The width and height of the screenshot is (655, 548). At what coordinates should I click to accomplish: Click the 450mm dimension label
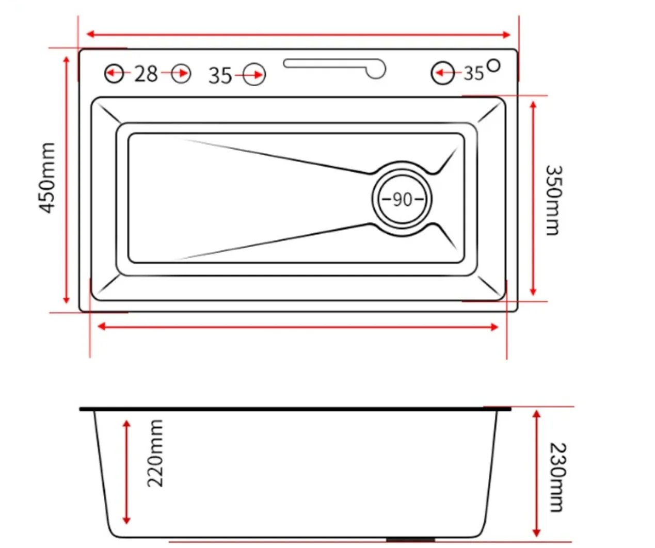(x=47, y=178)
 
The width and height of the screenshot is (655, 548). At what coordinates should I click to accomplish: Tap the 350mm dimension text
(x=553, y=200)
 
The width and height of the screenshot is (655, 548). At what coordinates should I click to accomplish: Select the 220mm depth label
(x=155, y=453)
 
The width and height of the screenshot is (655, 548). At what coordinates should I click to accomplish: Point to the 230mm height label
(x=556, y=477)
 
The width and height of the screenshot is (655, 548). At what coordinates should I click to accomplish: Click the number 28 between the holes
(x=146, y=74)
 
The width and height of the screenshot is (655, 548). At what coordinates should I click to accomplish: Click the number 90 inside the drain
(x=402, y=199)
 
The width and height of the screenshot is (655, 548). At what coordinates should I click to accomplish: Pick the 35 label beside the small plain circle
(x=473, y=74)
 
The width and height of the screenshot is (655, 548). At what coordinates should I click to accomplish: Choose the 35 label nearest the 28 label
(x=220, y=76)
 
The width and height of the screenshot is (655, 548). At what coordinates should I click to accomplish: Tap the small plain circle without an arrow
(x=494, y=66)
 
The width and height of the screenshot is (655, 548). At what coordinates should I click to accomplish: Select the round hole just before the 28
(x=114, y=73)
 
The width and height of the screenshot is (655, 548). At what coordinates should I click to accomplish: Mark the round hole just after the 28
(x=181, y=74)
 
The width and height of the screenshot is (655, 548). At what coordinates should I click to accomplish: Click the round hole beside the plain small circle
(x=442, y=73)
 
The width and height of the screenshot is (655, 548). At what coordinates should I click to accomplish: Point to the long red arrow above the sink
(x=298, y=35)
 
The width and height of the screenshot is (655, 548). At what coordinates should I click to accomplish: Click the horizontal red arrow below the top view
(x=298, y=327)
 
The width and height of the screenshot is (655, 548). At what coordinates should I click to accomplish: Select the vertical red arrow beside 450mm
(x=66, y=180)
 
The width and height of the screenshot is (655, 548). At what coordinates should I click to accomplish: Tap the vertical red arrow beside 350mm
(x=534, y=198)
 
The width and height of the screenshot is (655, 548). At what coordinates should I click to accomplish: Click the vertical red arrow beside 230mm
(x=537, y=473)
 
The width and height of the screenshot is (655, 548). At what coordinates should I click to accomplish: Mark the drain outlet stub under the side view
(x=410, y=540)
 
